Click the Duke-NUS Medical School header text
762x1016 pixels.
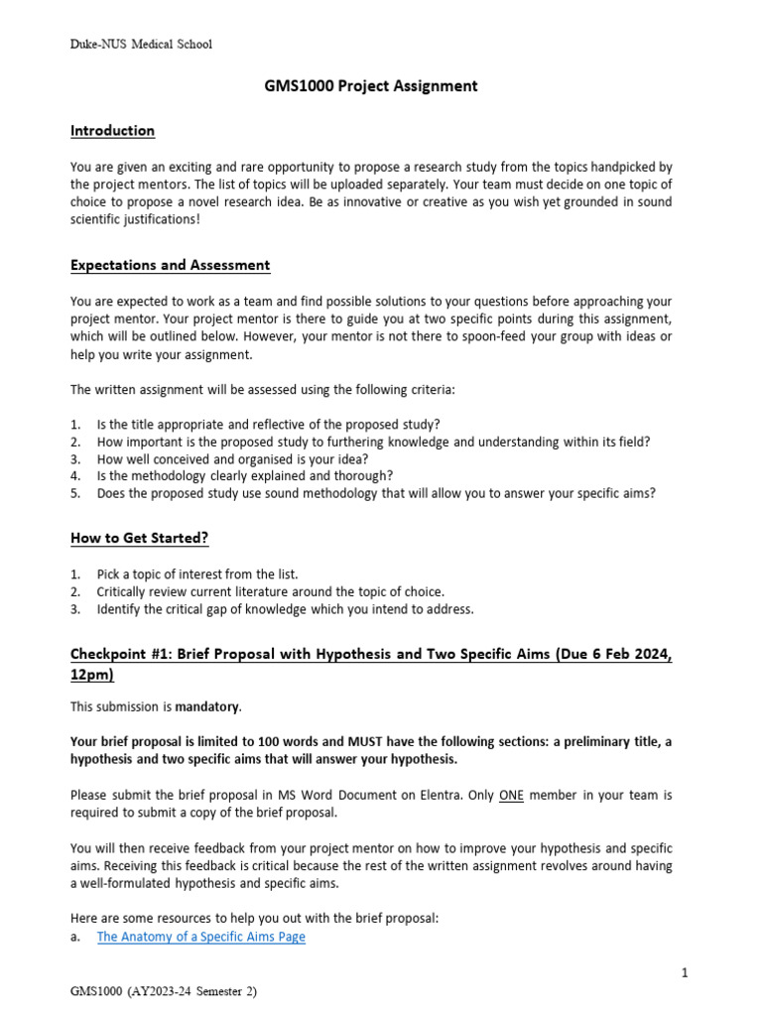[141, 44]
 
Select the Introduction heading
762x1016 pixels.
[112, 131]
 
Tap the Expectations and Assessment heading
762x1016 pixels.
[170, 266]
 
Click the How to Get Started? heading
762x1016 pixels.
[140, 539]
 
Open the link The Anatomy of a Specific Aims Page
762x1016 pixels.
[200, 937]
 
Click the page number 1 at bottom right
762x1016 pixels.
[685, 974]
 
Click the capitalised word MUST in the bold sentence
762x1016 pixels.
[343, 742]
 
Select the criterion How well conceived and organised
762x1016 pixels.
[232, 458]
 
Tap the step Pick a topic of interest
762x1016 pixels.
[196, 574]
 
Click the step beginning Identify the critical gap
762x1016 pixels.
[285, 609]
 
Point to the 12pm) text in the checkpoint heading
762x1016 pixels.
[92, 675]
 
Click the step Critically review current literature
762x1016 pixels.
[270, 592]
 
